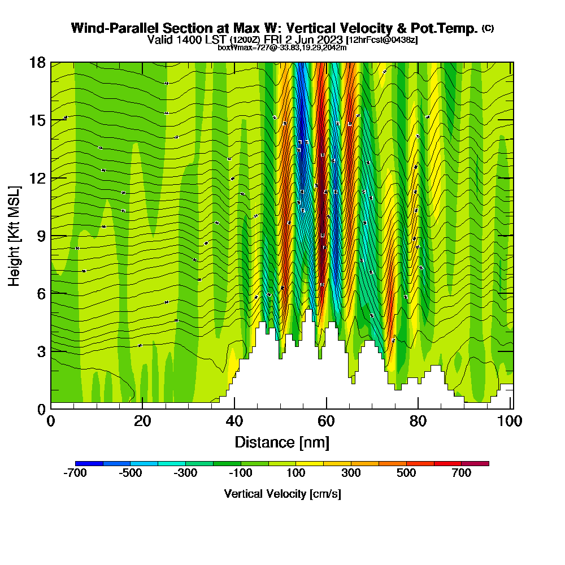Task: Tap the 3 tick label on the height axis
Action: [41, 351]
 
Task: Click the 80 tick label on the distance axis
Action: [418, 421]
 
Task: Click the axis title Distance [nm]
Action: [282, 442]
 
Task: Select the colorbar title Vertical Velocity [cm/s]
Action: [282, 494]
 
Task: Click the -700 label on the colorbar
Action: [76, 473]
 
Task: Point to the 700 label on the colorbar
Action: [462, 473]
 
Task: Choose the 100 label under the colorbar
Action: [296, 473]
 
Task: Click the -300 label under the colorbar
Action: [186, 473]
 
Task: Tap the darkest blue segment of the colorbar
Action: [89, 463]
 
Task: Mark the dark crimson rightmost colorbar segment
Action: [475, 463]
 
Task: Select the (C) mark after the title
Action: [488, 28]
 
